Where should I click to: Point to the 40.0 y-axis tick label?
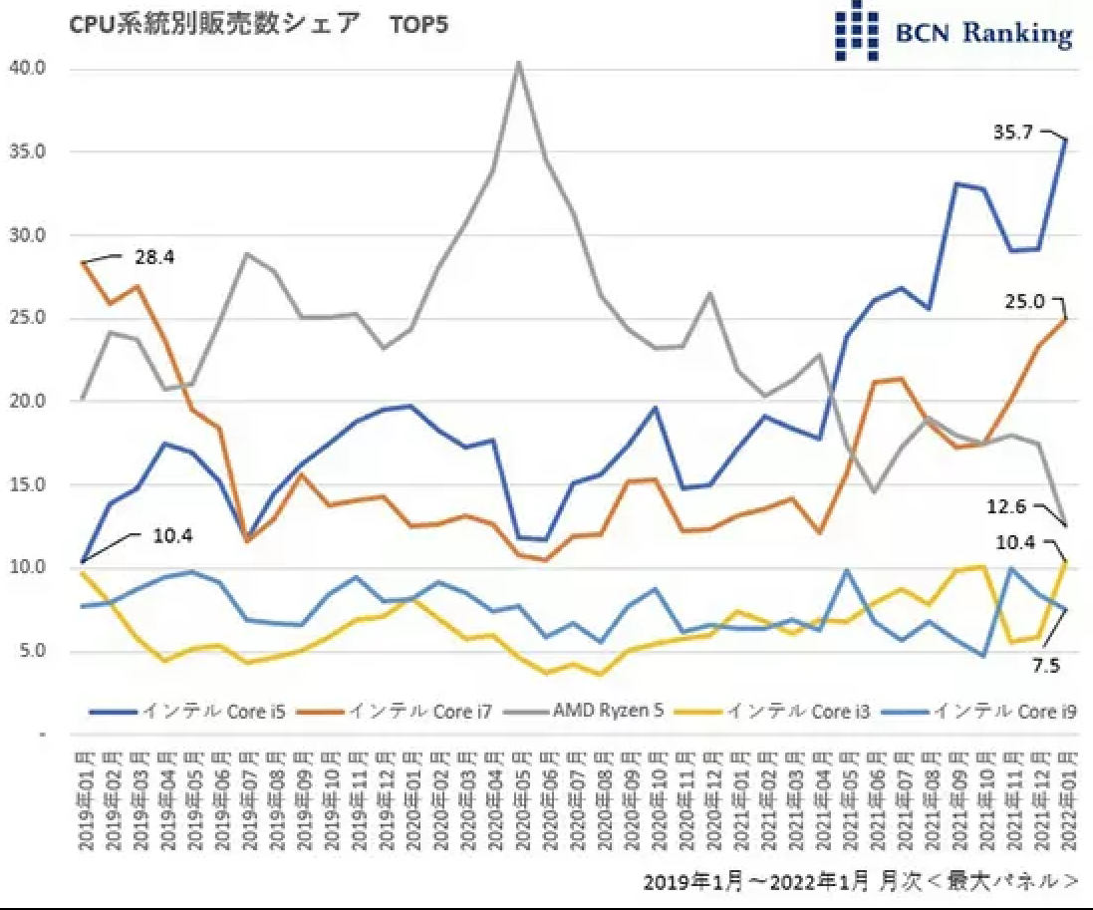27,69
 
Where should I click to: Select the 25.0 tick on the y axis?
27,319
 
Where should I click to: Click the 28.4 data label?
153,258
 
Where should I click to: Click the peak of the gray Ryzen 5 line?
518,62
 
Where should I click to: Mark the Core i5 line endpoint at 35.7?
1065,140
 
